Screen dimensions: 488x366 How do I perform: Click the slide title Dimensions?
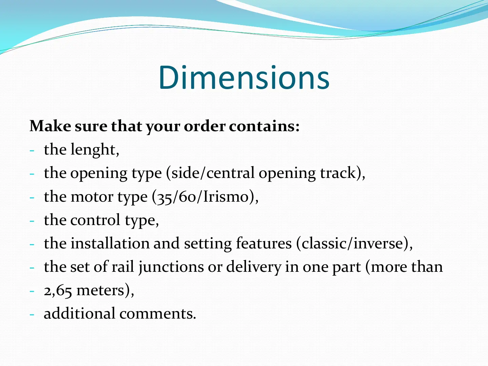tap(244, 77)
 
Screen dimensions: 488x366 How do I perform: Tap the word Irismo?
tap(226, 197)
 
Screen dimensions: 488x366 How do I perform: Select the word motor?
tap(92, 197)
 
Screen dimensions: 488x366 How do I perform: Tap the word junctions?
tap(171, 267)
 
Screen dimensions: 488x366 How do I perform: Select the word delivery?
tap(253, 267)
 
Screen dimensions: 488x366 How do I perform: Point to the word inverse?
tap(378, 243)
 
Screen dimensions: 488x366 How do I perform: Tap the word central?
tap(230, 173)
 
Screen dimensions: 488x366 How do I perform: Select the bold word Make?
tap(50, 126)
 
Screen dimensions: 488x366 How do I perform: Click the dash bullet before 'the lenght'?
tap(32, 151)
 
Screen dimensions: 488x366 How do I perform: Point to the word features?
tap(264, 243)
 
